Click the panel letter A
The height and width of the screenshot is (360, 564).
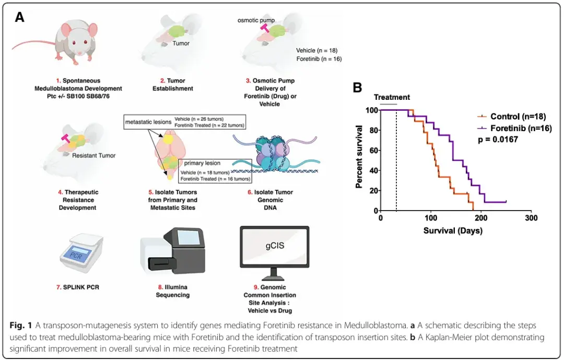click(x=20, y=17)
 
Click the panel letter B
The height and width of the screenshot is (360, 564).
click(x=357, y=87)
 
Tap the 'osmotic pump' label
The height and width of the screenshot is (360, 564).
click(x=256, y=20)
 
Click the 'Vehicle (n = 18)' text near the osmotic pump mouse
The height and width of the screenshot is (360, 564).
click(x=316, y=50)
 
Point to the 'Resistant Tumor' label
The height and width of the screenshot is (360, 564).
click(x=93, y=156)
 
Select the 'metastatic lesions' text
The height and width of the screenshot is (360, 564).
click(x=148, y=122)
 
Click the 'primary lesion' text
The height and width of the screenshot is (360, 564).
click(x=202, y=163)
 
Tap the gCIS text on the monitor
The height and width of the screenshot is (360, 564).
click(x=275, y=246)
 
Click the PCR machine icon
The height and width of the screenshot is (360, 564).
click(x=81, y=253)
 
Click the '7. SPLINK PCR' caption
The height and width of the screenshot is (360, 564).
click(x=77, y=287)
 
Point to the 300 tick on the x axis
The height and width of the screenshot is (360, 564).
click(x=531, y=218)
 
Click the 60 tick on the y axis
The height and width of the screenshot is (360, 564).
click(x=373, y=150)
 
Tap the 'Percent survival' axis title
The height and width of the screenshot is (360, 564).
click(x=359, y=157)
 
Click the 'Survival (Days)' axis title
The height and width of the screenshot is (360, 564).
click(x=453, y=230)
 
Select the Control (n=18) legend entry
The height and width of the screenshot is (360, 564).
click(x=511, y=117)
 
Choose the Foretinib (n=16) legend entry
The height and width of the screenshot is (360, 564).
click(x=514, y=128)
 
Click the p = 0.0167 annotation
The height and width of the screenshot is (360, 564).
click(x=498, y=140)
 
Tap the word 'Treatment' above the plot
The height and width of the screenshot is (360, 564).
click(x=392, y=97)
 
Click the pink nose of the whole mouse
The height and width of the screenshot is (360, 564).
click(x=79, y=54)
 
